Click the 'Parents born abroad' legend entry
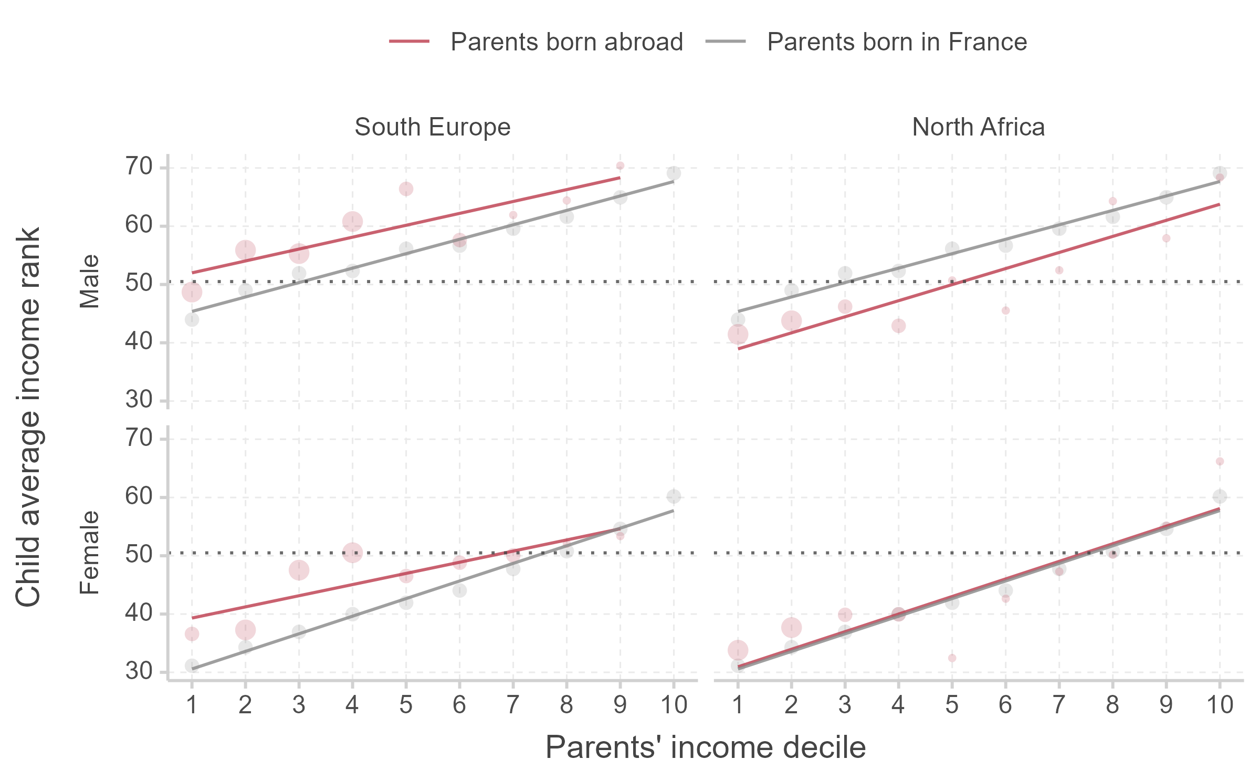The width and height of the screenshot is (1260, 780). [x=566, y=42]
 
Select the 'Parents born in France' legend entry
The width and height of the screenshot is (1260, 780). [x=896, y=42]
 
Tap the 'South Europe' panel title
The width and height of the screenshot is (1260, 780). [x=432, y=127]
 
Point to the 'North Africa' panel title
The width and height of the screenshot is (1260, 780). [x=978, y=127]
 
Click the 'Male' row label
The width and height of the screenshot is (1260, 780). [x=89, y=282]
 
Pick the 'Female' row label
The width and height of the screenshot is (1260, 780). [x=89, y=553]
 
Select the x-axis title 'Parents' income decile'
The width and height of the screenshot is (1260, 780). [x=705, y=747]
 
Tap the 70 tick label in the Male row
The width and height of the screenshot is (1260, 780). [x=139, y=167]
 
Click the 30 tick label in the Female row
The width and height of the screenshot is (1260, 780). [x=139, y=671]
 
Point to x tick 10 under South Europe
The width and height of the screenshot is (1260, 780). [x=674, y=705]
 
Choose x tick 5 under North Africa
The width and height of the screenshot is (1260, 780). [x=952, y=705]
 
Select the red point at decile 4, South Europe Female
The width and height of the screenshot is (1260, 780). [x=352, y=553]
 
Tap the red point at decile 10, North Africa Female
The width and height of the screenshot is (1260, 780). [x=1220, y=462]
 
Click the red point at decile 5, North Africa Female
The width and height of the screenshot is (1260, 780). [x=952, y=658]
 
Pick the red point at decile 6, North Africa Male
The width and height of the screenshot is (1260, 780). [x=1005, y=311]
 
